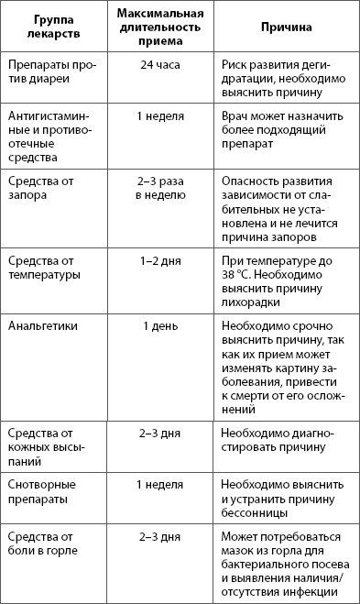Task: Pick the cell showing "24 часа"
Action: pyautogui.click(x=159, y=66)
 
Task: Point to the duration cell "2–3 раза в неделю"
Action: pyautogui.click(x=159, y=189)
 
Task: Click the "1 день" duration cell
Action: pyautogui.click(x=159, y=325)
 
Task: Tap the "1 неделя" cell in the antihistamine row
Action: pyautogui.click(x=159, y=116)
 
